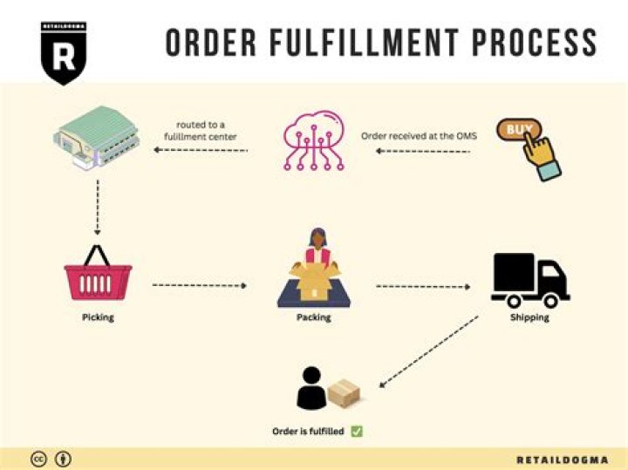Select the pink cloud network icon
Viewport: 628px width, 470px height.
[x=314, y=140]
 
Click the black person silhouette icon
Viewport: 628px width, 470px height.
[x=311, y=389]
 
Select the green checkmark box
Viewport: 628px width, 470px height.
[x=357, y=431]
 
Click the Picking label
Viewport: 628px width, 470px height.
[x=98, y=317]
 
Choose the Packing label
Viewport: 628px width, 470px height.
[x=313, y=317]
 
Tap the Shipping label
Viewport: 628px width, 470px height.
[x=529, y=317]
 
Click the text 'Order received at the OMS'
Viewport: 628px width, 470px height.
[x=419, y=136]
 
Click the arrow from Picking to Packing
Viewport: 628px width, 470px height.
[x=201, y=285]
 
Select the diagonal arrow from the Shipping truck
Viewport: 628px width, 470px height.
[x=428, y=351]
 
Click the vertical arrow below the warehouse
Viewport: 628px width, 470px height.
[x=98, y=208]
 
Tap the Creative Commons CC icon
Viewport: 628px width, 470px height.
[x=38, y=459]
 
